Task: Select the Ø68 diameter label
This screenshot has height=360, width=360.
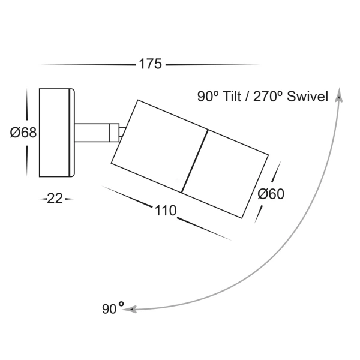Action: pos(23,133)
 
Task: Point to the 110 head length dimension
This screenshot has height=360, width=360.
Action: pos(165,211)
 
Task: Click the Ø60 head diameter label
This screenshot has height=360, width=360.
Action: pos(271,194)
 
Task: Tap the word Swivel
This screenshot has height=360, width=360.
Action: pos(307,96)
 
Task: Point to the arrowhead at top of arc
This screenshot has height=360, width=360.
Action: pos(339,95)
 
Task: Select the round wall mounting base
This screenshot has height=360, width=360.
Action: pos(56,133)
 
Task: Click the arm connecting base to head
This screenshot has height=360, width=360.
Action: pos(93,133)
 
